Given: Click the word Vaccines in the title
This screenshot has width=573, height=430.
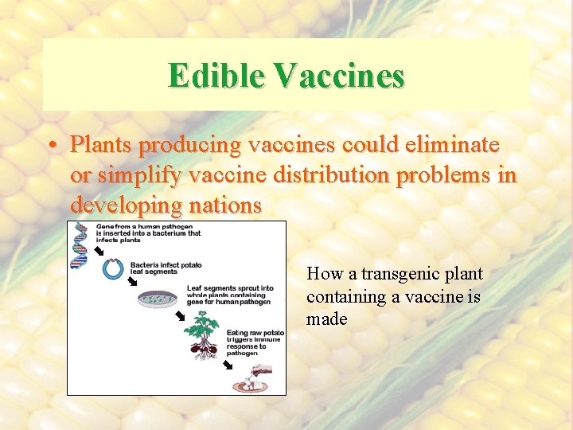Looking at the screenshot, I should click(x=340, y=76).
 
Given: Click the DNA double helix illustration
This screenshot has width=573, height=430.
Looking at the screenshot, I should click(x=80, y=244).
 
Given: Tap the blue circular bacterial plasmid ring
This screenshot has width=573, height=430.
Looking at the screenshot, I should click(x=112, y=270).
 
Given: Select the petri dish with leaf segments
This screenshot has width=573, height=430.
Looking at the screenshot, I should click(x=155, y=299).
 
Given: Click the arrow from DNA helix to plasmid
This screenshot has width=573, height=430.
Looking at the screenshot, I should click(x=99, y=253).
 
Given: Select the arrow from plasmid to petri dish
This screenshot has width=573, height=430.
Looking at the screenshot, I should click(x=133, y=281).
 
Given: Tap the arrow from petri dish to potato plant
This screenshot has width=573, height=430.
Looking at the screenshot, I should click(x=181, y=316).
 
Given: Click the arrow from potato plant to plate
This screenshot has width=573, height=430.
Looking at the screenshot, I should click(x=228, y=365).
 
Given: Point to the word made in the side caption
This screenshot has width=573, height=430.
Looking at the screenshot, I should click(x=326, y=319).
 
